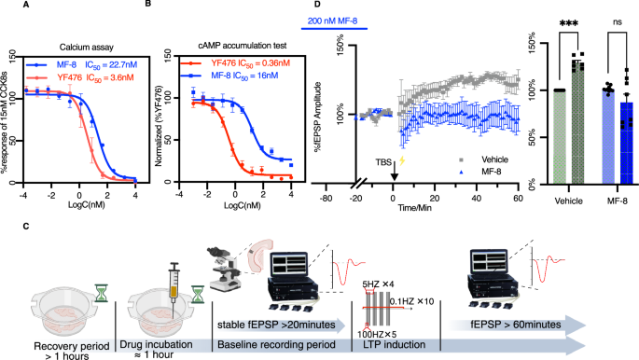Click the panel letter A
point(9,6)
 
